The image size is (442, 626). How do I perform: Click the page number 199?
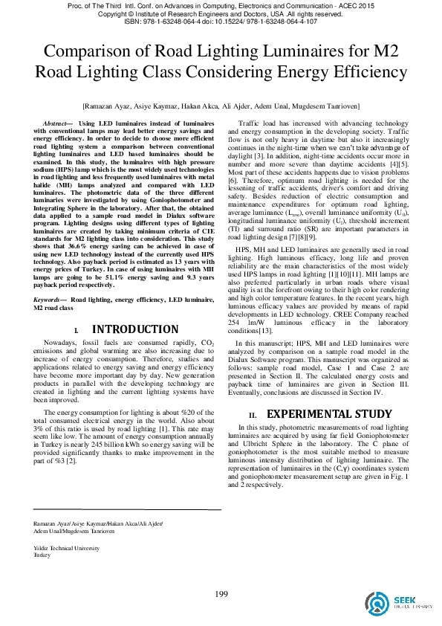click(x=221, y=593)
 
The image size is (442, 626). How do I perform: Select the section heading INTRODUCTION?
click(x=134, y=349)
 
